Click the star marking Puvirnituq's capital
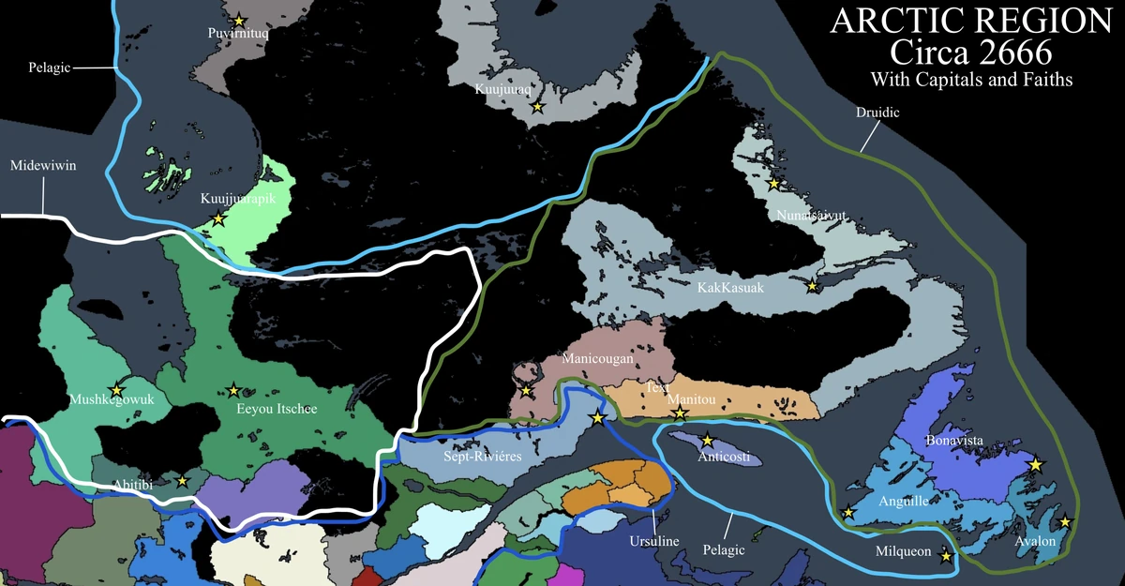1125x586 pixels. pos(239,20)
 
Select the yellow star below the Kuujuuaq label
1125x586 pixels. pos(537,108)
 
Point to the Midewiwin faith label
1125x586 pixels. pos(43,165)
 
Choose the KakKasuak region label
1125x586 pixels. pos(731,287)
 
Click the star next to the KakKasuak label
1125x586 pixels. pos(813,286)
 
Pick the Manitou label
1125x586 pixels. pos(692,399)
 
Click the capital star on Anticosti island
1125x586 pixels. pos(708,440)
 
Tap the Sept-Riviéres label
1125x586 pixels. pos(481,458)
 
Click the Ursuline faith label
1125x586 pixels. pos(652,542)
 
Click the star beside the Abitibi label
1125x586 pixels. pos(182,481)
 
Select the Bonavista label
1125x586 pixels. pos(954,440)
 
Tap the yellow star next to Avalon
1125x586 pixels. pos(1066,521)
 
